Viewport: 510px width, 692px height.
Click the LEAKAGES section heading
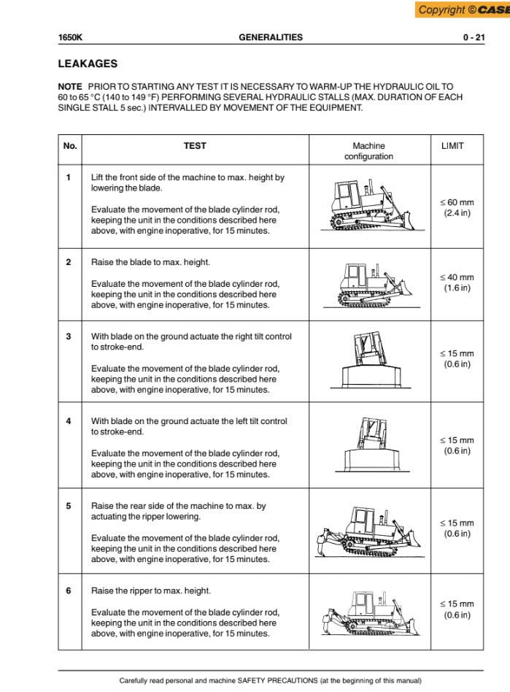click(x=88, y=64)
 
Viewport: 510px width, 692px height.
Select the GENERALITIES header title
click(x=271, y=37)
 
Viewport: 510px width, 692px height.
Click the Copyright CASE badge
click(x=463, y=9)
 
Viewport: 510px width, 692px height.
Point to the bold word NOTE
click(x=70, y=86)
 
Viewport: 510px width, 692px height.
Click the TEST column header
click(x=195, y=146)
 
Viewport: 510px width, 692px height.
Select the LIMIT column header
click(x=452, y=146)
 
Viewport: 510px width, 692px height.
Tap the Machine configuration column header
click(x=368, y=151)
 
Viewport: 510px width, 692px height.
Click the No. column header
click(x=70, y=146)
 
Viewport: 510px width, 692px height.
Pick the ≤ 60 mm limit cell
click(x=456, y=207)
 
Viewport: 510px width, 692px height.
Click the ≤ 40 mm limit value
click(x=457, y=282)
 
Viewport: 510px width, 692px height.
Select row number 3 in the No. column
click(x=69, y=337)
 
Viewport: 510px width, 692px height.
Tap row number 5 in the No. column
click(x=69, y=506)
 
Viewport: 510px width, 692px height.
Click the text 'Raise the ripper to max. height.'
click(x=151, y=591)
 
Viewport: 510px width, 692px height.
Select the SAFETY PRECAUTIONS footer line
click(x=270, y=680)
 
